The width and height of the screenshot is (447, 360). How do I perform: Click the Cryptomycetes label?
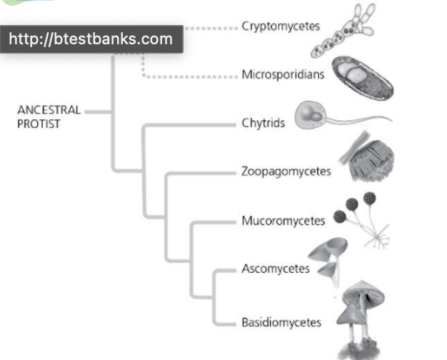[281, 26]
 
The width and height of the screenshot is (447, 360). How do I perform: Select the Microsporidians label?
[283, 74]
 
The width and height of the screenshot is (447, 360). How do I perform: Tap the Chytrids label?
[263, 123]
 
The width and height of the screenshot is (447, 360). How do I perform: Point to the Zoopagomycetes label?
[286, 171]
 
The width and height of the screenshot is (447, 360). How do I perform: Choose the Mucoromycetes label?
[283, 221]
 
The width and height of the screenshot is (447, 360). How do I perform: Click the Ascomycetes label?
[276, 269]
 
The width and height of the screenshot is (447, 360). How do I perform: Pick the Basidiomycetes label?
[281, 322]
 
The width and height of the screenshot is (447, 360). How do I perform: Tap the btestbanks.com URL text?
[91, 39]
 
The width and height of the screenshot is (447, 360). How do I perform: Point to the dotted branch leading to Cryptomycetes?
[211, 28]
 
